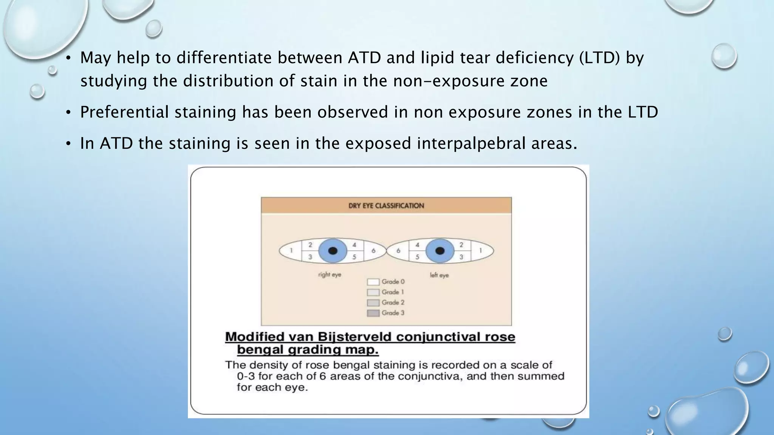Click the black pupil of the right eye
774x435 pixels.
pos(333,251)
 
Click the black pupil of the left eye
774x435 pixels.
pos(440,251)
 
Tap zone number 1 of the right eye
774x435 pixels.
pos(291,250)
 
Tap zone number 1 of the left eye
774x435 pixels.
pos(480,250)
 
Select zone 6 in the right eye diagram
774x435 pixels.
pos(373,251)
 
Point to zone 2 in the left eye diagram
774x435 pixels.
pos(461,245)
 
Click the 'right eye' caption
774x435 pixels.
pos(330,275)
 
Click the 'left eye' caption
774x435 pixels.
pos(439,275)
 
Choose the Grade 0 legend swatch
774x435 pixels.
pos(373,282)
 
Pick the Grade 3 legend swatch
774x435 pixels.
pos(373,313)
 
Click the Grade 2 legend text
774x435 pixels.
pos(393,302)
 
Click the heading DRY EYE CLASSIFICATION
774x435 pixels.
pos(386,206)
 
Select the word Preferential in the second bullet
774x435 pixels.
pos(124,112)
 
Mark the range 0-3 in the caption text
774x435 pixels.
pos(246,376)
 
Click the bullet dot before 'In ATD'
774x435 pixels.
pos(68,144)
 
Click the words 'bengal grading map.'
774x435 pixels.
pos(308,350)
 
